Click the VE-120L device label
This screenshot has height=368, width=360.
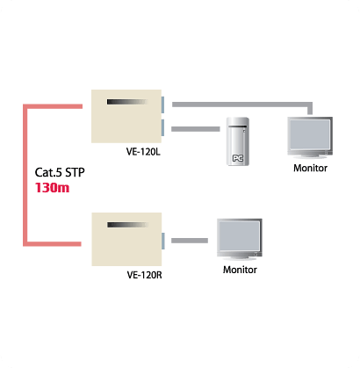tap(143, 152)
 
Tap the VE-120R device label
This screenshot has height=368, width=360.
tap(144, 275)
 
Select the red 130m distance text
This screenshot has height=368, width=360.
tap(52, 188)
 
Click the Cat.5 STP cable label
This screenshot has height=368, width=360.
tap(60, 172)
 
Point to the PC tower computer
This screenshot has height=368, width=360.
tap(238, 141)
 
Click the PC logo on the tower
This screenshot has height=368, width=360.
tap(238, 158)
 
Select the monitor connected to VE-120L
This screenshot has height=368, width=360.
tap(310, 137)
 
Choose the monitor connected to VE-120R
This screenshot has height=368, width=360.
tap(240, 239)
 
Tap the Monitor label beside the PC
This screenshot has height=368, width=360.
tap(310, 168)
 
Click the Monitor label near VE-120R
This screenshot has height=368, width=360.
tap(240, 270)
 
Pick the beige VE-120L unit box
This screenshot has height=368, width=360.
tap(126, 116)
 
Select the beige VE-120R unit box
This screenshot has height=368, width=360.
tap(126, 239)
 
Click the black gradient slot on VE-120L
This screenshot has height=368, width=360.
tap(127, 102)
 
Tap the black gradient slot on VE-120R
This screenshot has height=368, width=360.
tap(128, 225)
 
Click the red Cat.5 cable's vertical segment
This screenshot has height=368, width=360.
tap(25, 175)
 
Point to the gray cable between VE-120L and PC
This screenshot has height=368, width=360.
tap(196, 129)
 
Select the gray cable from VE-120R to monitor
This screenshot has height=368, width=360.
tap(190, 241)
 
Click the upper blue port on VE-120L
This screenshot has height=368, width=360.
tap(162, 105)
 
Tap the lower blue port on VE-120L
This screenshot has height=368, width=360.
tap(162, 127)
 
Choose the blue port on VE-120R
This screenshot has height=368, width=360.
tap(163, 241)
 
